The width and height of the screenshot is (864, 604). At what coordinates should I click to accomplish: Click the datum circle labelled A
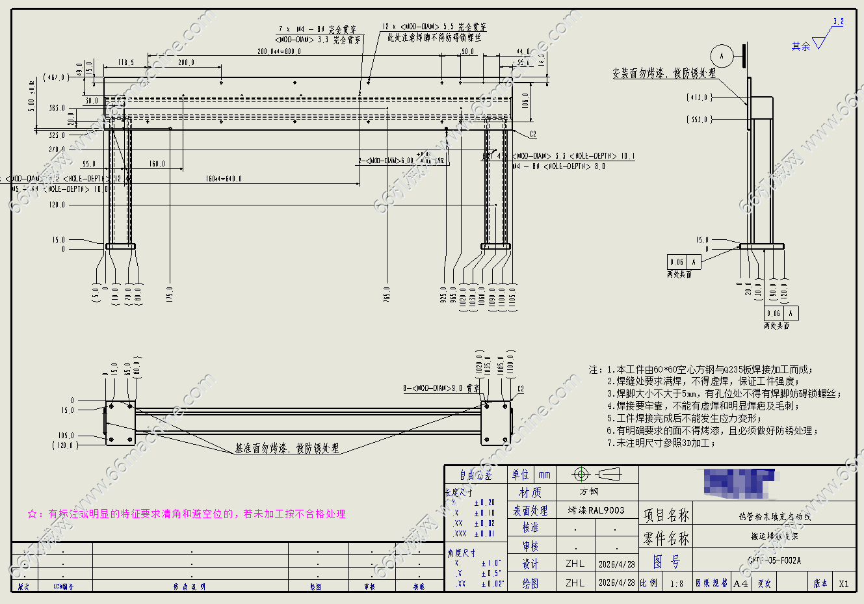(721, 56)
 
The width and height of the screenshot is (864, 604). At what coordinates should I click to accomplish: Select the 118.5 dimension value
(126, 63)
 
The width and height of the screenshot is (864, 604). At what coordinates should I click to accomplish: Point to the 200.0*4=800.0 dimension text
(279, 51)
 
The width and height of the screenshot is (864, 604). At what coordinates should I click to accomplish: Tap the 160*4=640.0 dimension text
(224, 179)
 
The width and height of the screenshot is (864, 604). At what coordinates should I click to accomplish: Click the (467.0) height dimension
(55, 77)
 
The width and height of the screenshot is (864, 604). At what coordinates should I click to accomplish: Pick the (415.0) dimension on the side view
(700, 98)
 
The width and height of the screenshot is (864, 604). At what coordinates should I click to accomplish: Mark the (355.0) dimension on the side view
(700, 120)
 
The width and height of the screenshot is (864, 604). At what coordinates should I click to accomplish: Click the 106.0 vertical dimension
(525, 101)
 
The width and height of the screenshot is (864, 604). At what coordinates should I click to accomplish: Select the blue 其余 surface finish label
(801, 46)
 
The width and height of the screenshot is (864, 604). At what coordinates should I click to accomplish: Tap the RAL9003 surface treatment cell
(596, 510)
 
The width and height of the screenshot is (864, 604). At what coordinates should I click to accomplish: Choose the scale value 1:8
(676, 583)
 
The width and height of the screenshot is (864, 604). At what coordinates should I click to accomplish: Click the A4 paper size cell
(740, 583)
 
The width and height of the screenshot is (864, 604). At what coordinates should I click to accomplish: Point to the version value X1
(843, 583)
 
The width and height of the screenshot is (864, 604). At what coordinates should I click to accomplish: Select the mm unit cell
(544, 475)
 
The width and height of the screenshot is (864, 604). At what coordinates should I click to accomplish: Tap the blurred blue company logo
(737, 482)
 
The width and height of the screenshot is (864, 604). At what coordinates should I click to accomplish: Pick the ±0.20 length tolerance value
(484, 503)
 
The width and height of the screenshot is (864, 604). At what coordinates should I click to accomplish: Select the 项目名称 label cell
(666, 516)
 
